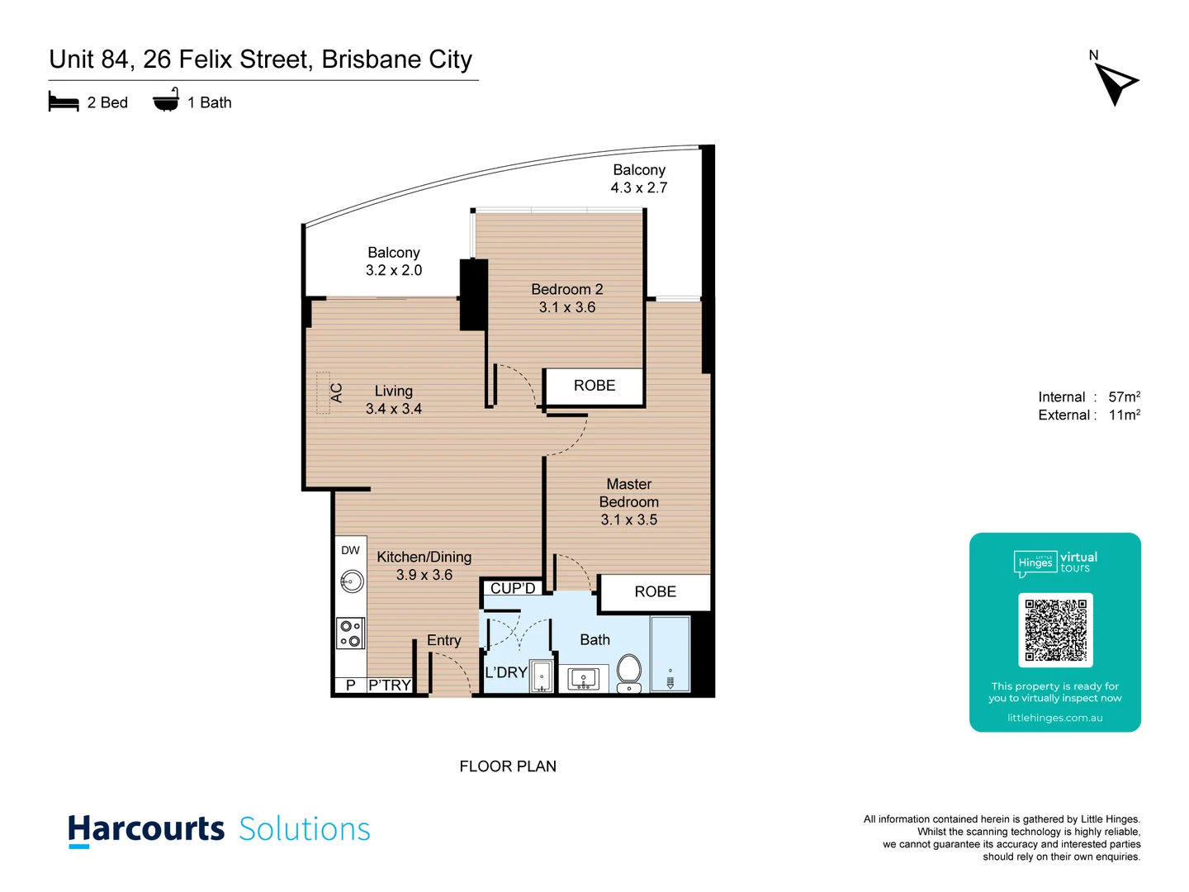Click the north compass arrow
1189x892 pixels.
[1116, 83]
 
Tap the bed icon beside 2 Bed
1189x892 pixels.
[64, 102]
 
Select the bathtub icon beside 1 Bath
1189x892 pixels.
[166, 101]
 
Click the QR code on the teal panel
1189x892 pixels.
[1055, 630]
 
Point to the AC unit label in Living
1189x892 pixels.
[336, 393]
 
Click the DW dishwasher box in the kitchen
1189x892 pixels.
[350, 551]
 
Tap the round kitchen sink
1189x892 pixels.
[351, 582]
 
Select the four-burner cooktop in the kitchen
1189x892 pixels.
[350, 633]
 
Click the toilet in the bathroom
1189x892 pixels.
[629, 672]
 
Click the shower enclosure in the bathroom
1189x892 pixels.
[670, 653]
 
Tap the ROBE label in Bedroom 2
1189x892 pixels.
[594, 386]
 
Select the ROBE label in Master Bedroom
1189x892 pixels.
[655, 592]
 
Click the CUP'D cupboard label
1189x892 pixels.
[513, 588]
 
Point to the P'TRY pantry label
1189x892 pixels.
[390, 686]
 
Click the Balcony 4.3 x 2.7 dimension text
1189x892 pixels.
[639, 187]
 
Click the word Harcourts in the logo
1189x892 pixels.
[146, 829]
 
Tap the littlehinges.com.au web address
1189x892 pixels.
[1054, 718]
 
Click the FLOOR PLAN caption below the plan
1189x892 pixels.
[508, 766]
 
